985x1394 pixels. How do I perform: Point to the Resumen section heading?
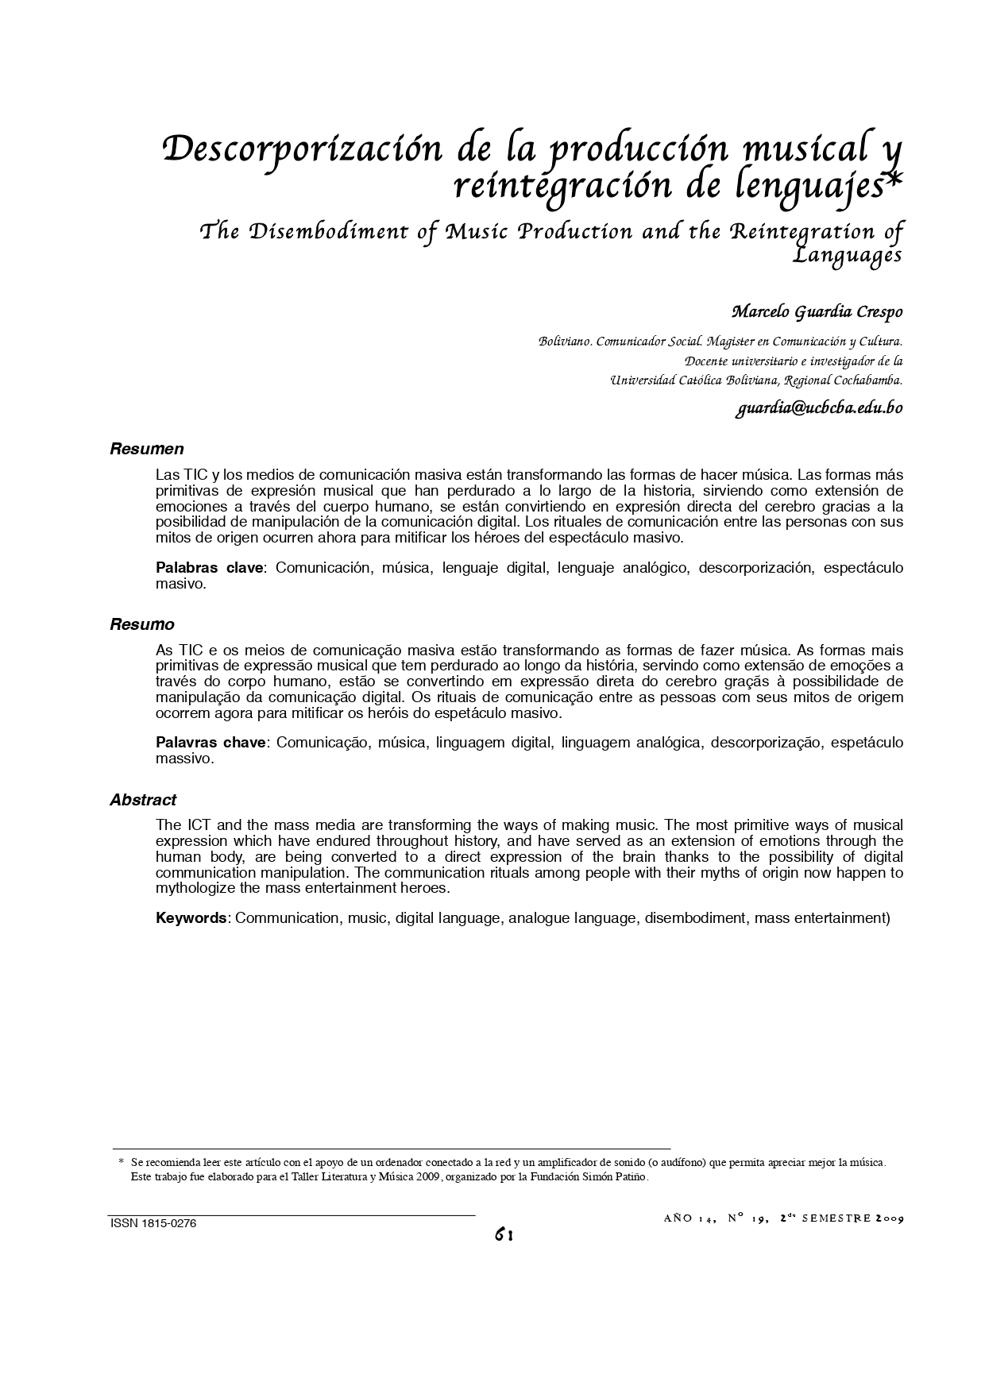pyautogui.click(x=147, y=450)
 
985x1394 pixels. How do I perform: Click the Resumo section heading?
pyautogui.click(x=142, y=624)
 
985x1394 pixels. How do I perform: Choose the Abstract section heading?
pyautogui.click(x=143, y=800)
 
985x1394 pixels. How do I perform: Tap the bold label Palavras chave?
pyautogui.click(x=212, y=743)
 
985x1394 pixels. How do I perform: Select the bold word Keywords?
pyautogui.click(x=191, y=918)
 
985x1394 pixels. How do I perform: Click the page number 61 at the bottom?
pyautogui.click(x=504, y=1234)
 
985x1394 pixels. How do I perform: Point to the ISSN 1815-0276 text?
pyautogui.click(x=153, y=1224)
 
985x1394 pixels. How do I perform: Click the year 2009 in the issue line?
pyautogui.click(x=889, y=1218)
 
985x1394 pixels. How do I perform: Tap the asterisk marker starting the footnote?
pyautogui.click(x=121, y=1162)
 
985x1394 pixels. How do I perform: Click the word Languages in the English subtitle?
pyautogui.click(x=849, y=256)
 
